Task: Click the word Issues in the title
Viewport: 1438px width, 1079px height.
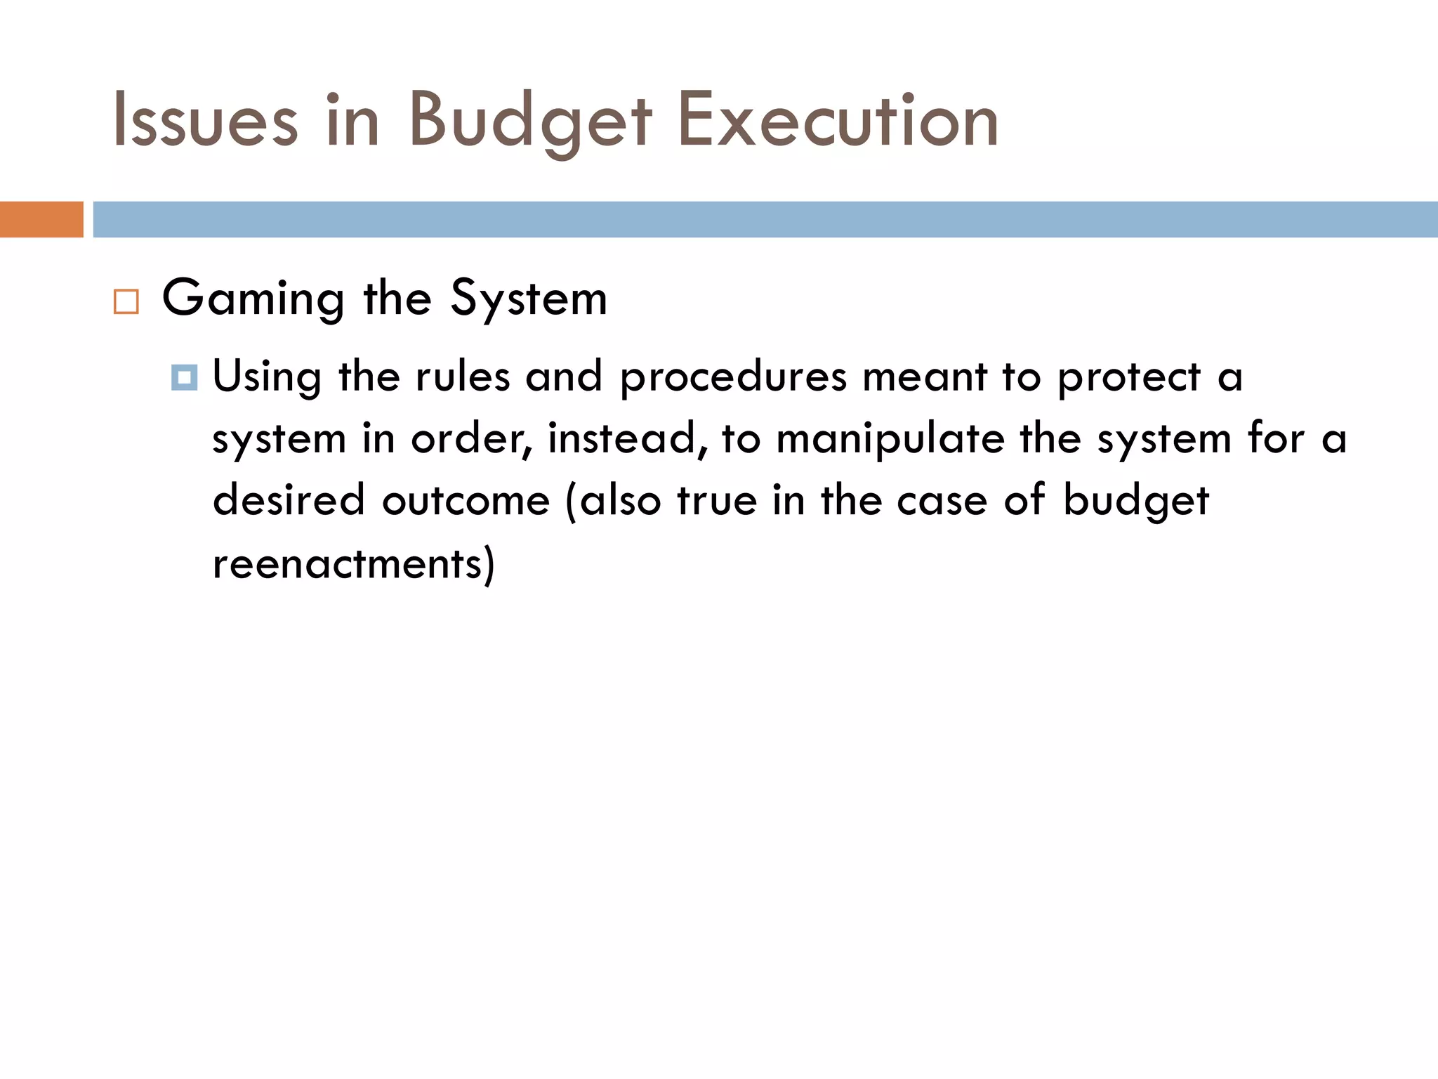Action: (x=205, y=121)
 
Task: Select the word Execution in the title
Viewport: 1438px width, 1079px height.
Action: (x=838, y=121)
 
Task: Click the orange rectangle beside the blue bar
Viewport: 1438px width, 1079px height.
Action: (x=41, y=219)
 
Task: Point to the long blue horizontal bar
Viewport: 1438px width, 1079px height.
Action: (x=765, y=219)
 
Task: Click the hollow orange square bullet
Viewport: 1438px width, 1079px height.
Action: (x=126, y=301)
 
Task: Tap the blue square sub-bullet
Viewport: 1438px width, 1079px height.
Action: (x=184, y=378)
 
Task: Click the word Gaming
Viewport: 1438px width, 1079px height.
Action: (x=253, y=299)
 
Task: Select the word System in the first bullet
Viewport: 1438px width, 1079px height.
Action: (x=528, y=299)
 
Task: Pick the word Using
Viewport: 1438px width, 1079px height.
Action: (x=267, y=377)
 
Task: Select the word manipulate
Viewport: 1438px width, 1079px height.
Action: (x=890, y=440)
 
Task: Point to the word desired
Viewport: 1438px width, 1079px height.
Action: (x=289, y=500)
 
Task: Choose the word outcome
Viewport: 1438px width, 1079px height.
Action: (x=466, y=500)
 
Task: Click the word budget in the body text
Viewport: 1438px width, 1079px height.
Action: (x=1135, y=502)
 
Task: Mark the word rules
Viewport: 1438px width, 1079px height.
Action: (x=463, y=377)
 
